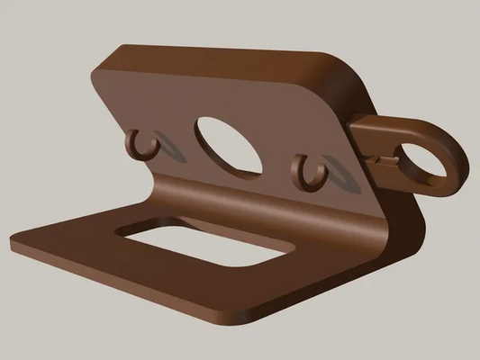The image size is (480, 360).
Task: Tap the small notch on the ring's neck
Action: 386,160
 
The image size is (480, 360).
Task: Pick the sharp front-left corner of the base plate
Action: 14,242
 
